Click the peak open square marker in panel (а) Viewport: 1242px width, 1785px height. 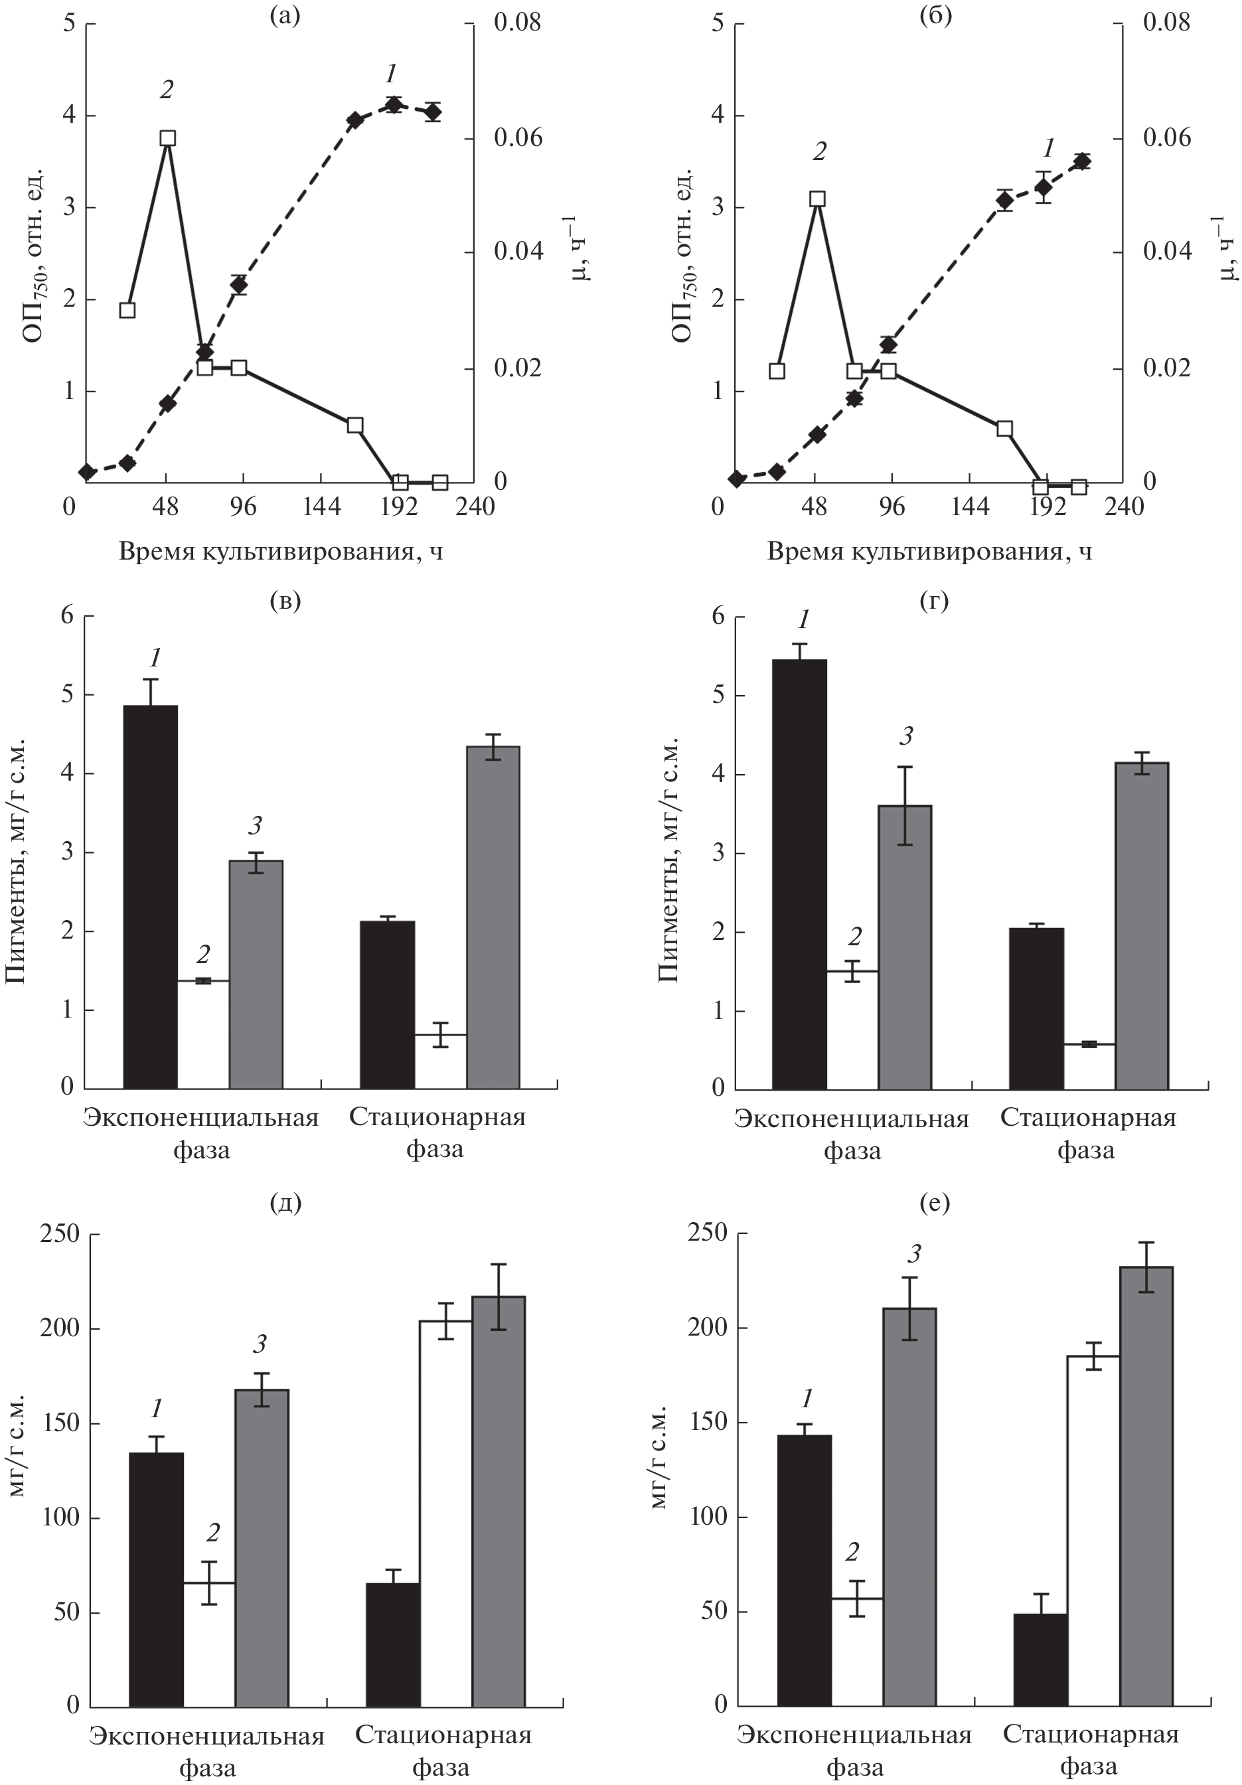pos(167,137)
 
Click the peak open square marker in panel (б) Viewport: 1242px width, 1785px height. pos(816,198)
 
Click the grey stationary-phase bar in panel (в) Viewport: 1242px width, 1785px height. pos(493,917)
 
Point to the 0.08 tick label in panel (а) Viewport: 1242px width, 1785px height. pos(517,23)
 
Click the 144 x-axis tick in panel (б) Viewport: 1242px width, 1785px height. pos(969,507)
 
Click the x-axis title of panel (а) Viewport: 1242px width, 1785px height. pos(281,552)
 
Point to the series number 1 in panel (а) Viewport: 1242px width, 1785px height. pos(390,74)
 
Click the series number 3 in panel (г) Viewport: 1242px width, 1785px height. pos(905,736)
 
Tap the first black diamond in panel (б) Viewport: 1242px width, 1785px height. pos(736,479)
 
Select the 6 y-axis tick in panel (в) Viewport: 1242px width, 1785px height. pos(67,616)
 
